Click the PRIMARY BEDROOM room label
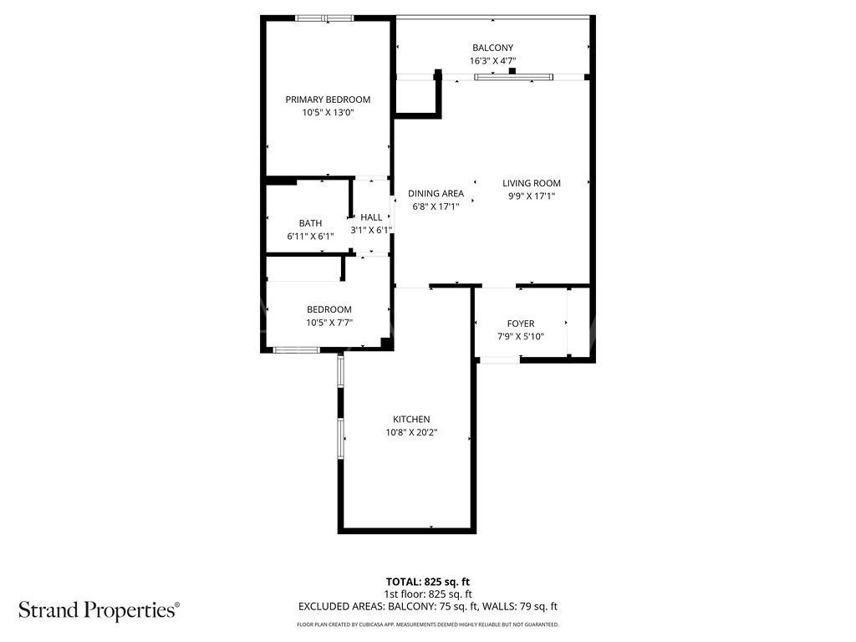[x=328, y=99]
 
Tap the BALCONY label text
[x=492, y=48]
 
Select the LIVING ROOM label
[x=532, y=183]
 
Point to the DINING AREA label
[x=436, y=193]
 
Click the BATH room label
[x=310, y=223]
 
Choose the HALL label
[x=371, y=217]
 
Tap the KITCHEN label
[x=411, y=420]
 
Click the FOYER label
[x=521, y=324]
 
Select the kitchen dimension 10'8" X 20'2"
[x=411, y=433]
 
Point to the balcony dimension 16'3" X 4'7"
[x=492, y=61]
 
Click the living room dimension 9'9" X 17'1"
[x=532, y=196]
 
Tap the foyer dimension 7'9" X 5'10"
[x=521, y=337]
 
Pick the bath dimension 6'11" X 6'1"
[x=310, y=236]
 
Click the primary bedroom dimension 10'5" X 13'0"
[x=328, y=113]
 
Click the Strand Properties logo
[x=99, y=609]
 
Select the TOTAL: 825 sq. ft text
[x=428, y=581]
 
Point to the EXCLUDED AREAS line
[x=428, y=607]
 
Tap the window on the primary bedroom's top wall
[x=324, y=18]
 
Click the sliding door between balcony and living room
[x=514, y=78]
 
